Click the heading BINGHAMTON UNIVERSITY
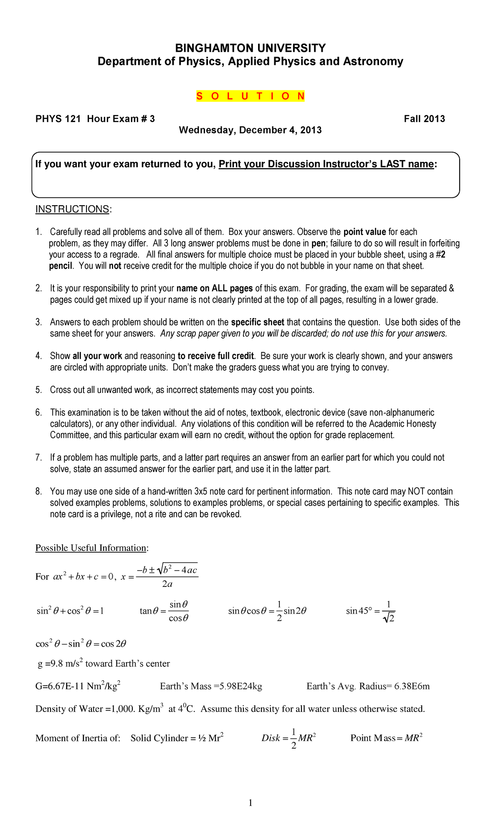tap(250, 48)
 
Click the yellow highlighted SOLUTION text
tap(250, 96)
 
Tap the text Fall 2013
tap(424, 119)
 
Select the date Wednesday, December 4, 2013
tap(250, 130)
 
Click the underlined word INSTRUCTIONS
tap(73, 209)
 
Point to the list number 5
tap(38, 390)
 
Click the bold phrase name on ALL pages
tap(215, 288)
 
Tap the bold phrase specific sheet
tap(257, 322)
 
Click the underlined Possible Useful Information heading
tap(91, 548)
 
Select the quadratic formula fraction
tap(167, 576)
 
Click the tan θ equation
tap(164, 611)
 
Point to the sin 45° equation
tap(370, 611)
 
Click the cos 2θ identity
tap(81, 644)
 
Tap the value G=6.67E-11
tap(78, 686)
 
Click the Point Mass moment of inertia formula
tap(386, 738)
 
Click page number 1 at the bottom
tap(250, 803)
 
